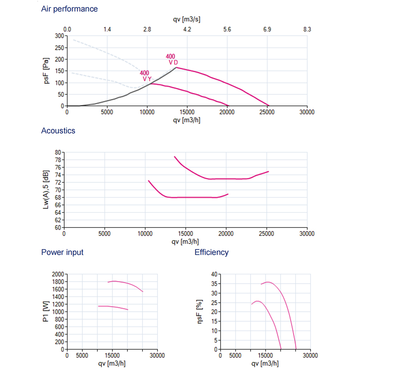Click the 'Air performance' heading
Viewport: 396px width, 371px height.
pyautogui.click(x=69, y=9)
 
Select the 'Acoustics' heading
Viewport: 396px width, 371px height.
pyautogui.click(x=58, y=130)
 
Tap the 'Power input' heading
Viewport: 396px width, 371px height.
pyautogui.click(x=62, y=252)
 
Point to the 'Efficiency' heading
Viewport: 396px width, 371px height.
pyautogui.click(x=211, y=252)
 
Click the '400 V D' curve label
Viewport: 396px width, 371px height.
pyautogui.click(x=171, y=59)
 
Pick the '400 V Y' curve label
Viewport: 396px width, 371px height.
pyautogui.click(x=145, y=76)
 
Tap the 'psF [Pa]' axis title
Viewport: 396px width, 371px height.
pyautogui.click(x=48, y=71)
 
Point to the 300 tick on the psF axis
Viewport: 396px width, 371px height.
pyautogui.click(x=59, y=36)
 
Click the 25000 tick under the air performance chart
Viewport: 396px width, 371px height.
pyautogui.click(x=267, y=112)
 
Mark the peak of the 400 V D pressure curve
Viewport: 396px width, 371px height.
pyautogui.click(x=176, y=67)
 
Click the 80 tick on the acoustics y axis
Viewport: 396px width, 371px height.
pyautogui.click(x=58, y=152)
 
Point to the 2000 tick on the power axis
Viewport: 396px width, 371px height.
pyautogui.click(x=57, y=274)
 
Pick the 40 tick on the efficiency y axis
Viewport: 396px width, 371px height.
pyautogui.click(x=214, y=274)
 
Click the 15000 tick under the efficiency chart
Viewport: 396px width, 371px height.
pyautogui.click(x=265, y=356)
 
